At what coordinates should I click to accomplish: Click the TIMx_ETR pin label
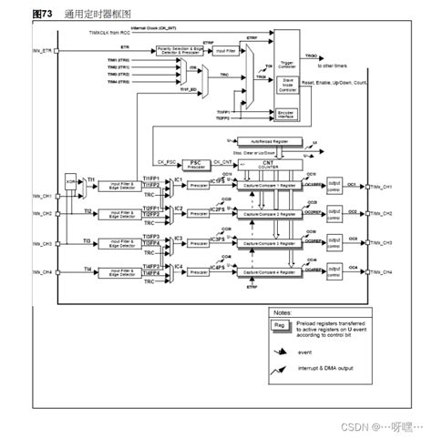[x=42, y=52]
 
